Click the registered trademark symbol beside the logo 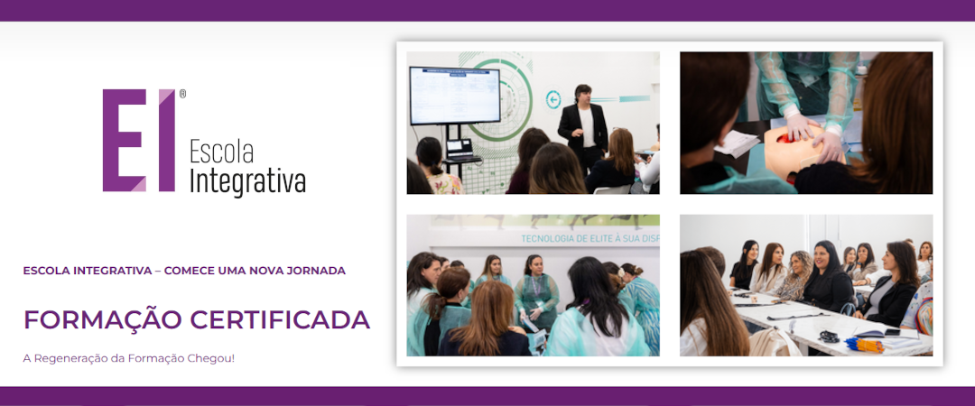click(x=182, y=94)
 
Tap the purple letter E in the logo click(x=125, y=140)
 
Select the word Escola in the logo click(x=221, y=152)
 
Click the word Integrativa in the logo click(x=247, y=181)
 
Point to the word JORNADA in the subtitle click(x=319, y=271)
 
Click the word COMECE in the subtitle click(x=185, y=271)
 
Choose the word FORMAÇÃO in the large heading click(x=103, y=319)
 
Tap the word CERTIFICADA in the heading click(x=280, y=319)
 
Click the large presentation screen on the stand click(x=454, y=95)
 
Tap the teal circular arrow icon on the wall click(x=552, y=99)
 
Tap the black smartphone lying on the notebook click(x=893, y=332)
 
